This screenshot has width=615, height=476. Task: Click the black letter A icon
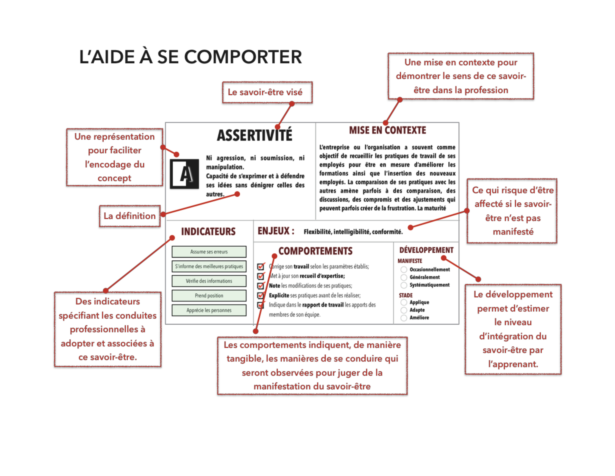point(184,174)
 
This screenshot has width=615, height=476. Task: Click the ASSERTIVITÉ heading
point(254,135)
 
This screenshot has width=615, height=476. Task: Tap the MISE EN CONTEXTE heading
point(387,130)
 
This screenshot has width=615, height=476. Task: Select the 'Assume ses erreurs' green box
point(209,252)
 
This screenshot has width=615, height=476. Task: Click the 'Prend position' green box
point(209,295)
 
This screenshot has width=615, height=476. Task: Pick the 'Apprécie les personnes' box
point(209,310)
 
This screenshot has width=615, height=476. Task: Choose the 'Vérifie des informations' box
point(209,281)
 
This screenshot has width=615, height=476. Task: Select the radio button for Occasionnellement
point(404,270)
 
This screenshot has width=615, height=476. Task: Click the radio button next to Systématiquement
point(404,285)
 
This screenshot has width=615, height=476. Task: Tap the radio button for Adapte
point(404,310)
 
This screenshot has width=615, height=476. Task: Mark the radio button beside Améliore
point(404,318)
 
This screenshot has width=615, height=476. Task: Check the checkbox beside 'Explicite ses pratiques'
point(261,295)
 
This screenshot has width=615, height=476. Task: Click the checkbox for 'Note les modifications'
point(261,286)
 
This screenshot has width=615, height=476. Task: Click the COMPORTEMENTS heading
point(315,251)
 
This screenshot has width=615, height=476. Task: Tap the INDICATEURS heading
point(208,231)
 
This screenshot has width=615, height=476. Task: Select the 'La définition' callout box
point(130,216)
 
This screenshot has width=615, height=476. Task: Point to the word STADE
point(406,295)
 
